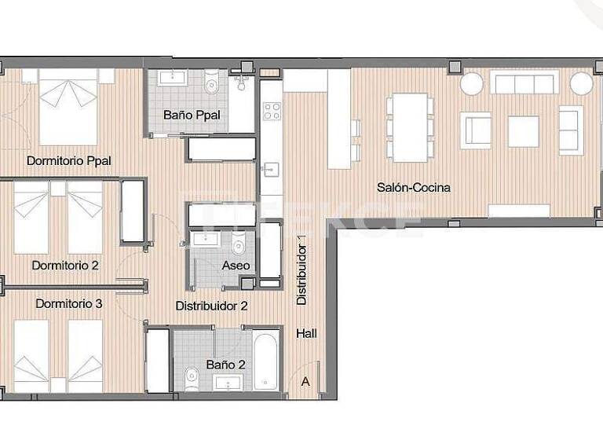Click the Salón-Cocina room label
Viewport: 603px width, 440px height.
pos(414,188)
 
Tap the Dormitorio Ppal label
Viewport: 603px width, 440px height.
pos(68,161)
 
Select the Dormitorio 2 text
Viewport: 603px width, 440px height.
pos(65,266)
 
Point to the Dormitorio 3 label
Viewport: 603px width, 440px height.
pos(68,303)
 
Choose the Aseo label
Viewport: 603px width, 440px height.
pos(236,266)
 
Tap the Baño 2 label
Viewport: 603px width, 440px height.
pos(225,365)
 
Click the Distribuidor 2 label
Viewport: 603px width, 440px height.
pos(211,306)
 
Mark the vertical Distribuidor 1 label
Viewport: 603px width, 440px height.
pos(301,270)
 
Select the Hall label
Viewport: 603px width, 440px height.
pos(307,334)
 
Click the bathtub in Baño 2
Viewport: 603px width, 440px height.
pos(266,361)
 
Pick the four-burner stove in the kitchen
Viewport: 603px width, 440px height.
pos(272,111)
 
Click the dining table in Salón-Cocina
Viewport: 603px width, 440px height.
pos(410,127)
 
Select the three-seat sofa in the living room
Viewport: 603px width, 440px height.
pos(524,82)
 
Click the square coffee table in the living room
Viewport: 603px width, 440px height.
pos(523,131)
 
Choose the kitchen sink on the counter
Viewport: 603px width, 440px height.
pos(270,168)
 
